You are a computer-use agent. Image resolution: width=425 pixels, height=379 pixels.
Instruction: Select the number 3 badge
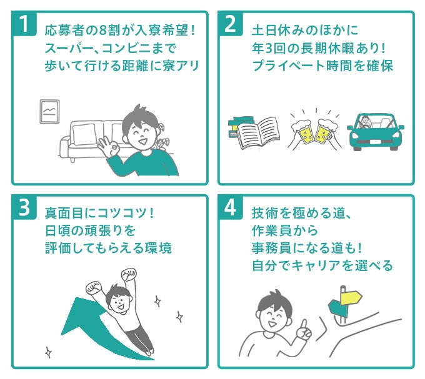24,208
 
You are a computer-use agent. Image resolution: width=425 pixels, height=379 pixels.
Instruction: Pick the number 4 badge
230,208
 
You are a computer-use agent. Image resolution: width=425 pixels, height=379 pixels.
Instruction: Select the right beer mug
324,130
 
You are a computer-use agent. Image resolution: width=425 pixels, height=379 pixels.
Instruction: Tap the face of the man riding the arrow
117,298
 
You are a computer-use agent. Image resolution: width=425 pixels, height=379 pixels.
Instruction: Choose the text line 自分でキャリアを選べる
322,265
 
